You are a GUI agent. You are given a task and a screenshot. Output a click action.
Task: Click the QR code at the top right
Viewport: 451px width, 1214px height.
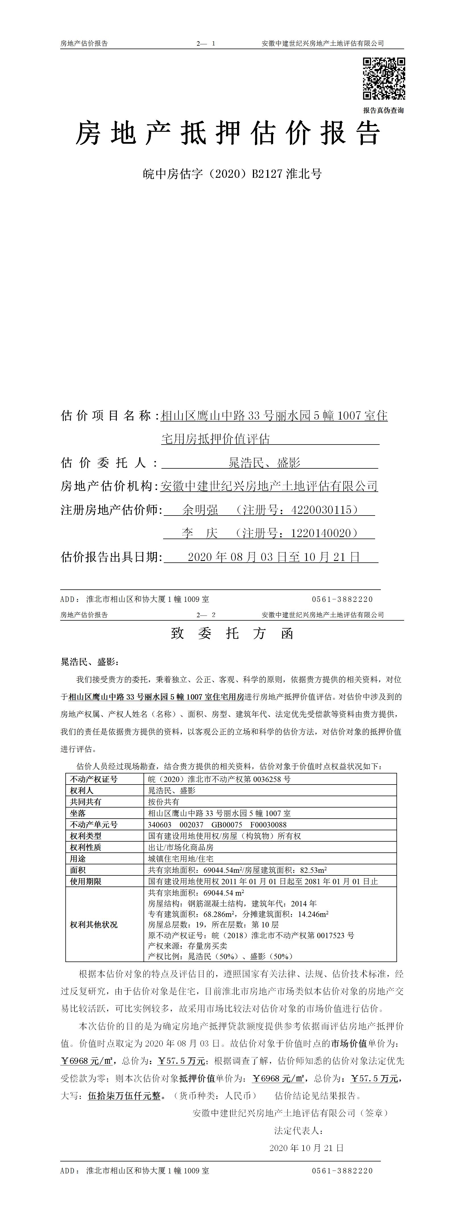pos(384,79)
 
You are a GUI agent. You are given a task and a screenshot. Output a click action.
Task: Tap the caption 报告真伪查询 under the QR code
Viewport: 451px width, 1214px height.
pos(383,110)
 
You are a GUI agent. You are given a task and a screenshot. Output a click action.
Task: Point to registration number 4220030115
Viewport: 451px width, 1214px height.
pos(321,510)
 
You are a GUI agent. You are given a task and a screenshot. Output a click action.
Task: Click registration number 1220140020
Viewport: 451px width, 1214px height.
pos(321,533)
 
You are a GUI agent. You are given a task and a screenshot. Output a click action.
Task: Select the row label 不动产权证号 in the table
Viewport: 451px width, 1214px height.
pos(94,779)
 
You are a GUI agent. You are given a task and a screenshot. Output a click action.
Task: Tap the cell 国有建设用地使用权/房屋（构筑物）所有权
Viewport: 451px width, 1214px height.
pos(224,836)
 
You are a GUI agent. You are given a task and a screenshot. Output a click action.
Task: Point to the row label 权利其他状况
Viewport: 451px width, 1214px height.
pos(94,924)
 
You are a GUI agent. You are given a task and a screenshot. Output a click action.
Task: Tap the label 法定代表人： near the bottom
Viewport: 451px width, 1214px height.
pos(299,1130)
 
